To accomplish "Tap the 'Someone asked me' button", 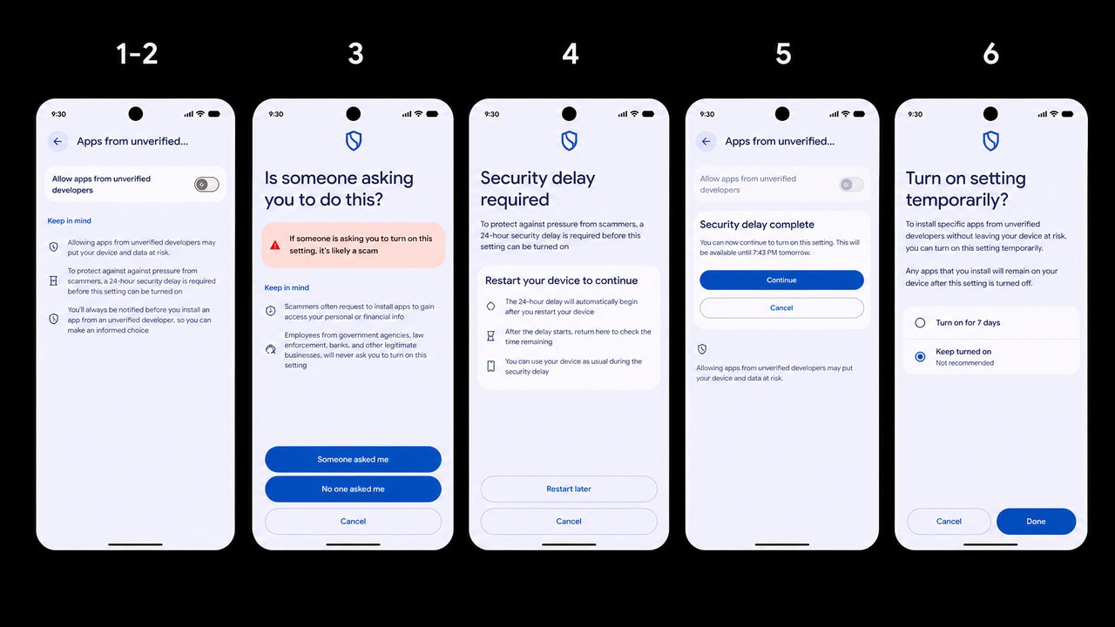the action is [x=353, y=459].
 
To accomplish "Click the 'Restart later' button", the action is [x=569, y=489].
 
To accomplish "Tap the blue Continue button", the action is [x=781, y=280].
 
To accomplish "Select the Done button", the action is [x=1036, y=521].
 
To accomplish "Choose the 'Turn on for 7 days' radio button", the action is [x=920, y=322].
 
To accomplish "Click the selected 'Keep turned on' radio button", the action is [x=920, y=356].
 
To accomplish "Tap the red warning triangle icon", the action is [x=274, y=245].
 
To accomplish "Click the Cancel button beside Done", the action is [x=949, y=521].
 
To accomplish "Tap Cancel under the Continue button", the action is [x=781, y=307].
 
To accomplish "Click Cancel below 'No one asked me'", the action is [x=353, y=521].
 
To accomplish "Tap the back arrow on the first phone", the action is [x=57, y=141].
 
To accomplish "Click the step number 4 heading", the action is [x=571, y=53].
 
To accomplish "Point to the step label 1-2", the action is [x=137, y=53].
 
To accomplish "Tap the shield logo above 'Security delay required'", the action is [x=569, y=141].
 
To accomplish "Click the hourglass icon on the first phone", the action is [x=53, y=280].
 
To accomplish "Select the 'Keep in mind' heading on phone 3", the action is [x=287, y=287].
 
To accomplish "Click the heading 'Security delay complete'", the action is [x=757, y=225].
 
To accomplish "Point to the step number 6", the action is [x=990, y=53].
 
